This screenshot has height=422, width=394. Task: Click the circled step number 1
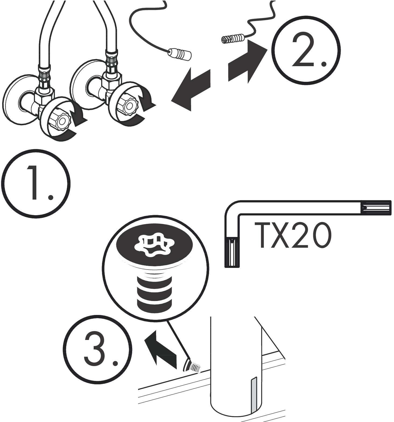36,183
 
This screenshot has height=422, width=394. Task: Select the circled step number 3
98,349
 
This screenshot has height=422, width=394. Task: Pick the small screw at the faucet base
192,366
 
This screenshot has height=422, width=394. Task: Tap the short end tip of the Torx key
232,253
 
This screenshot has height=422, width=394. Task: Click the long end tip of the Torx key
377,208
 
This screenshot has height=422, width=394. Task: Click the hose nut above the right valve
111,63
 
